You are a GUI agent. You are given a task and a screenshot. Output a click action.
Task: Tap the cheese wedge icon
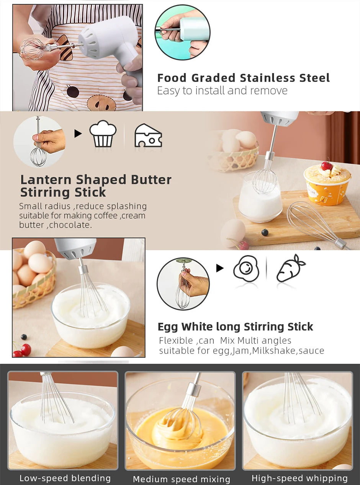tap(148, 136)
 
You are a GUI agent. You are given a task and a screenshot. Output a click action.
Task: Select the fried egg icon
tap(246, 269)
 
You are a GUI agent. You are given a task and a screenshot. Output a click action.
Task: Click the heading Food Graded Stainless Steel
tap(243, 78)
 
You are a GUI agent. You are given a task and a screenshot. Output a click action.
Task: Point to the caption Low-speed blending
tap(65, 478)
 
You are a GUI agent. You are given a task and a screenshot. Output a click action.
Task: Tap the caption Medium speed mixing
tap(182, 479)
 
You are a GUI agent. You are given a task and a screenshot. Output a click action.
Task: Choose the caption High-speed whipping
tap(299, 478)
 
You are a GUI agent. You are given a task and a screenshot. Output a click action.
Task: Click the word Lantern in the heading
tap(46, 180)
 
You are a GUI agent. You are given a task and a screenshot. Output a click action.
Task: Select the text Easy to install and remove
tap(222, 91)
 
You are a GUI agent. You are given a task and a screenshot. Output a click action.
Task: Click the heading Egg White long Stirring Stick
tap(235, 327)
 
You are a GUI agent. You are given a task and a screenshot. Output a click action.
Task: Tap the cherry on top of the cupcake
tap(326, 166)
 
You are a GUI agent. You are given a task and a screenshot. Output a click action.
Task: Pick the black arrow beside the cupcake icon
tap(78, 134)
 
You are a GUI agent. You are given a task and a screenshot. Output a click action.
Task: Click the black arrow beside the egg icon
tap(220, 268)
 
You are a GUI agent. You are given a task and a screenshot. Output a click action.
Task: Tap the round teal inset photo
tap(182, 32)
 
